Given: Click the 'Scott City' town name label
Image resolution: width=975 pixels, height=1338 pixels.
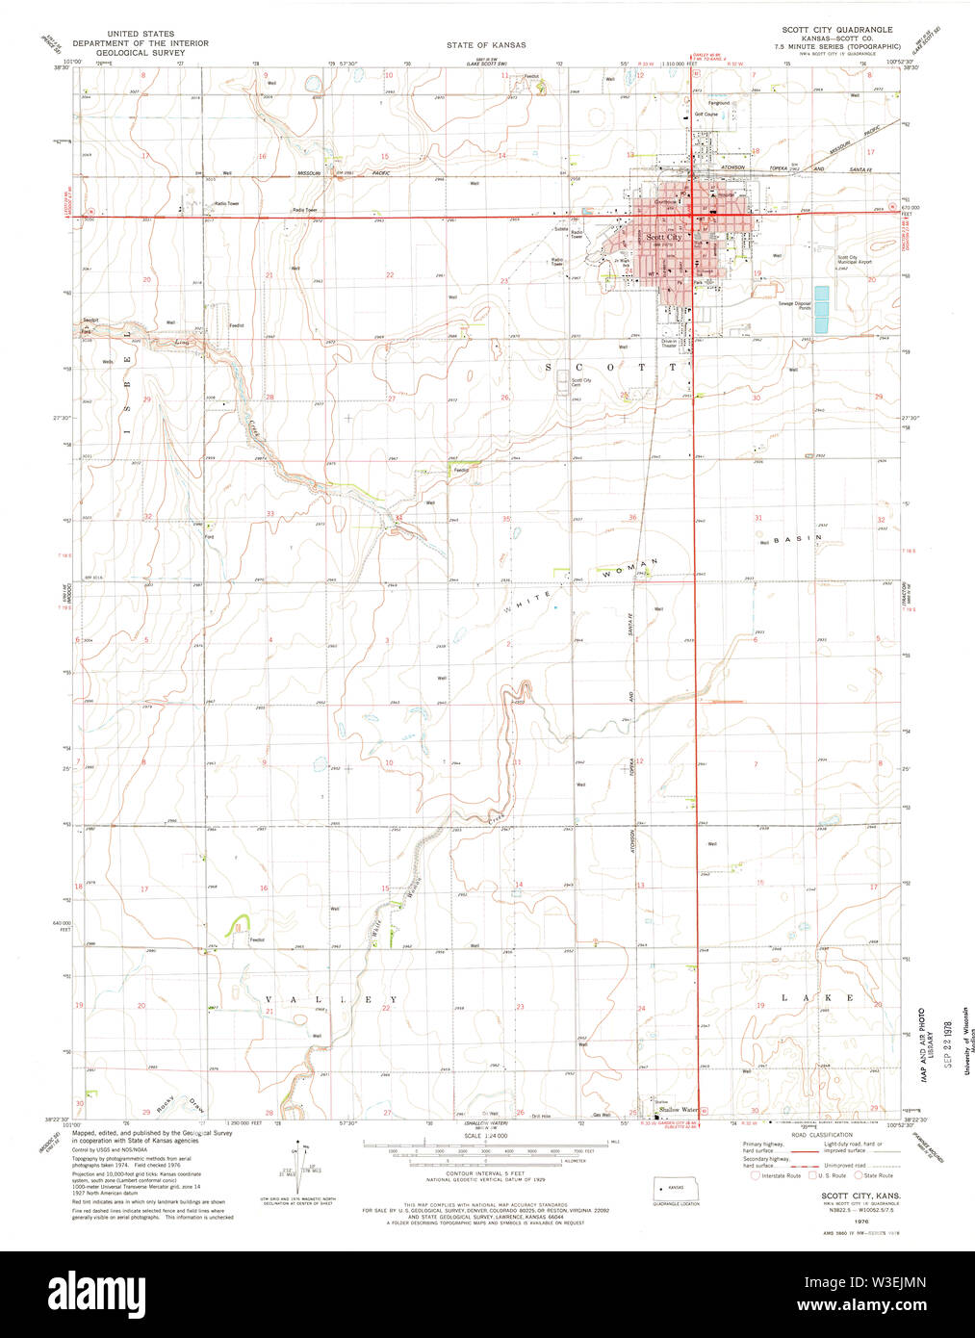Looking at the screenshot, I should pos(664,237).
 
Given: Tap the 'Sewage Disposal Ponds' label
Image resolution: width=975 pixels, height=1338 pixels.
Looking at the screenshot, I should pos(795,305).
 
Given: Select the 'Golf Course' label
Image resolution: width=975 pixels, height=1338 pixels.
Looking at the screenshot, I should pos(706,115).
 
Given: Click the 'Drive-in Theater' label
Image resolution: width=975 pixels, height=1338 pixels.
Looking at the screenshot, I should pos(669,343).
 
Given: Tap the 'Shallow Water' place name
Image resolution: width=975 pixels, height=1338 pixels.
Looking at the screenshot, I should pos(678,1109).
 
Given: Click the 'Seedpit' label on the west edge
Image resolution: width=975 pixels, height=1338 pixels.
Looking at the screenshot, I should pos(90,319).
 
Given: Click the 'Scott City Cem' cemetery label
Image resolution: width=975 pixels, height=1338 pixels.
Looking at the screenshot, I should pos(581,381).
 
